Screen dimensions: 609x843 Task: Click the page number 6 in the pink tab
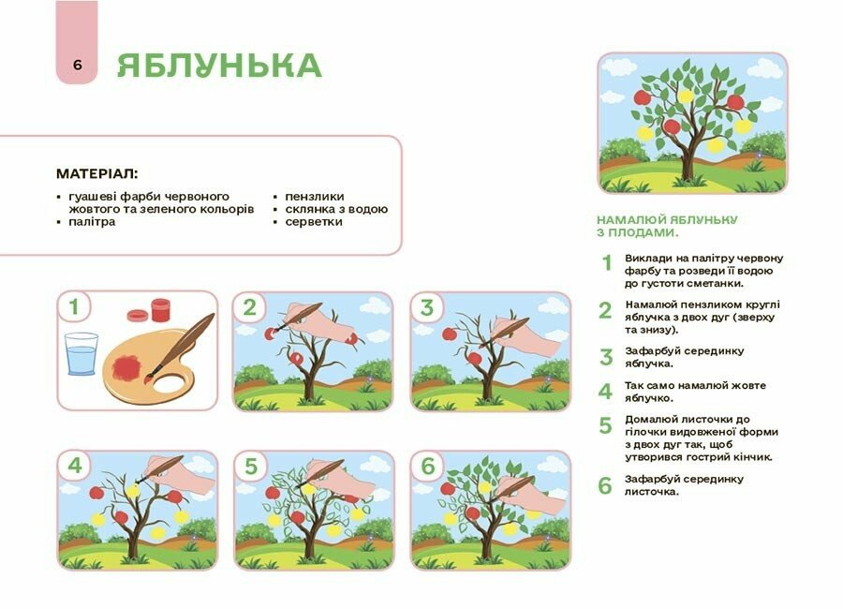pyautogui.click(x=77, y=66)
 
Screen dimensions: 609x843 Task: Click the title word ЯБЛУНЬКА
pyautogui.click(x=219, y=66)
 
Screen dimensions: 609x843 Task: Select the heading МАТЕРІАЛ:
pyautogui.click(x=96, y=173)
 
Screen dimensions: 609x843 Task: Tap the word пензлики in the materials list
pyautogui.click(x=315, y=197)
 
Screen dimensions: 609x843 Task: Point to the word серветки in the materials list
pyautogui.click(x=315, y=222)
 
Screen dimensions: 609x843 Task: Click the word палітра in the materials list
pyautogui.click(x=91, y=222)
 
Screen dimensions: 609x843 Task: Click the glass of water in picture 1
pyautogui.click(x=82, y=353)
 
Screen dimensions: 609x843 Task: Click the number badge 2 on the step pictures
pyautogui.click(x=249, y=307)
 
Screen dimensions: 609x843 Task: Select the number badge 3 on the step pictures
pyautogui.click(x=427, y=307)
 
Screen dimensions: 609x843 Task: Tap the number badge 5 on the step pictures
pyautogui.click(x=250, y=466)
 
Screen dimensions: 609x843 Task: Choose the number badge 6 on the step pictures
pyautogui.click(x=428, y=466)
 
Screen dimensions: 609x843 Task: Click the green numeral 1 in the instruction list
pyautogui.click(x=606, y=263)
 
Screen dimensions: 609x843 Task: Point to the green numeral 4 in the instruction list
pyautogui.click(x=605, y=391)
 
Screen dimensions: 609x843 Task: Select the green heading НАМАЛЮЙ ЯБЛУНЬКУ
pyautogui.click(x=666, y=219)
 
